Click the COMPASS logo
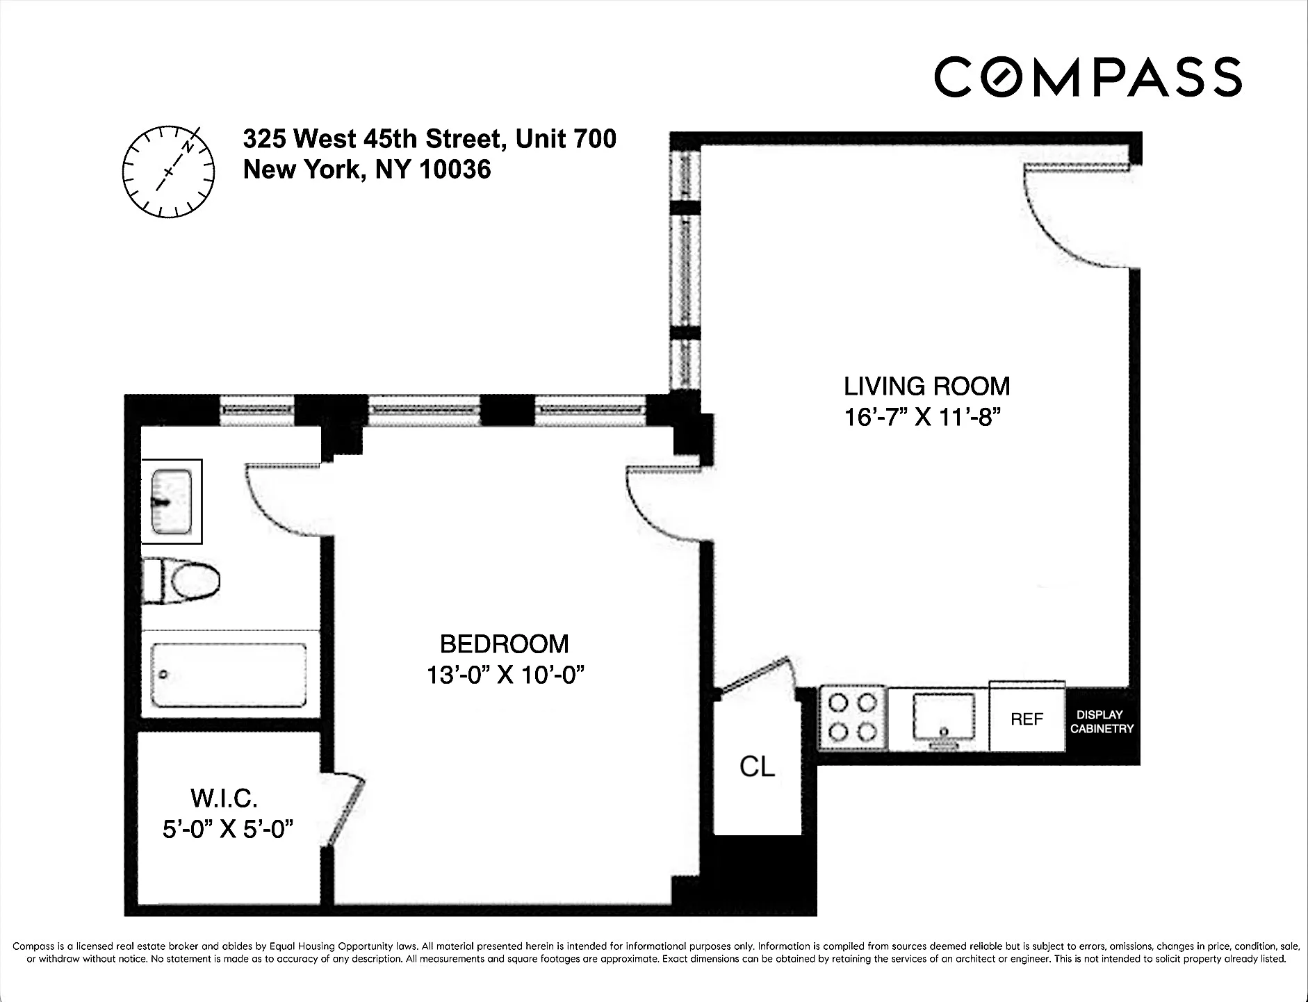[x=1088, y=77]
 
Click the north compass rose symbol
[x=167, y=171]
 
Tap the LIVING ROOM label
[x=926, y=386]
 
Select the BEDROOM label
[x=504, y=644]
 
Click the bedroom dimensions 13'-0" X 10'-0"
[x=505, y=675]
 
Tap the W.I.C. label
[x=224, y=798]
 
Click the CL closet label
[x=757, y=766]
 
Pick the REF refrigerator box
[x=1027, y=718]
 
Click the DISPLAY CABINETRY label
[x=1101, y=721]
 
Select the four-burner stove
[x=853, y=718]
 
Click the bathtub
[x=229, y=674]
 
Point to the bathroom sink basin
[x=171, y=501]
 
